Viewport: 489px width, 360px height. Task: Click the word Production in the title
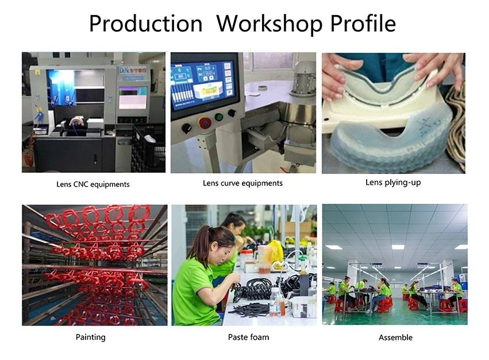[x=145, y=24]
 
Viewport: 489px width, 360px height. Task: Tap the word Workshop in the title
[x=269, y=24]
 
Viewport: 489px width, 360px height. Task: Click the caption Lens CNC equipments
[x=93, y=184]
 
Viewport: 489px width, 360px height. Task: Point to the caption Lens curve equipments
[x=242, y=183]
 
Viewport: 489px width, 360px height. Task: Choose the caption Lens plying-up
[x=393, y=183]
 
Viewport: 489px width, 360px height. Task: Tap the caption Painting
[x=90, y=337]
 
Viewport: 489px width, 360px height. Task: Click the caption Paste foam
[x=248, y=337]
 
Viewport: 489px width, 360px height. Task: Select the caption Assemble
[x=395, y=337]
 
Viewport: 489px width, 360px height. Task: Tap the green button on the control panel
[x=219, y=117]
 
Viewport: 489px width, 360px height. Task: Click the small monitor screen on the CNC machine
[x=133, y=98]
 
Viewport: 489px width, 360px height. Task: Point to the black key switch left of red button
[x=187, y=128]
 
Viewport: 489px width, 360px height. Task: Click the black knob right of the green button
[x=232, y=113]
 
